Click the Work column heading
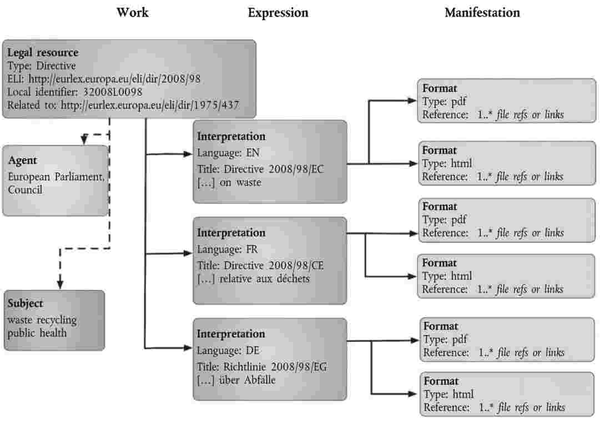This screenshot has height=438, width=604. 132,12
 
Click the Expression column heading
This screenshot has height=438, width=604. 278,12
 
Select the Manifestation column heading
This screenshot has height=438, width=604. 482,12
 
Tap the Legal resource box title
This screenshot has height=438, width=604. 43,53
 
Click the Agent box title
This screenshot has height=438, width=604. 23,160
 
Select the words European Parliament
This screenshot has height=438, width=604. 56,177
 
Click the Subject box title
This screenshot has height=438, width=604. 25,304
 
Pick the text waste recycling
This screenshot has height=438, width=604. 42,320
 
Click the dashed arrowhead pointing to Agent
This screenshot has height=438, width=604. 83,140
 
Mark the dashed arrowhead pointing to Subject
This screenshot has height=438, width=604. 59,284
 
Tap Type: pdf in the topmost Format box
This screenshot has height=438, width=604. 445,101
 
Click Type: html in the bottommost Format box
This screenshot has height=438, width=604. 449,395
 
